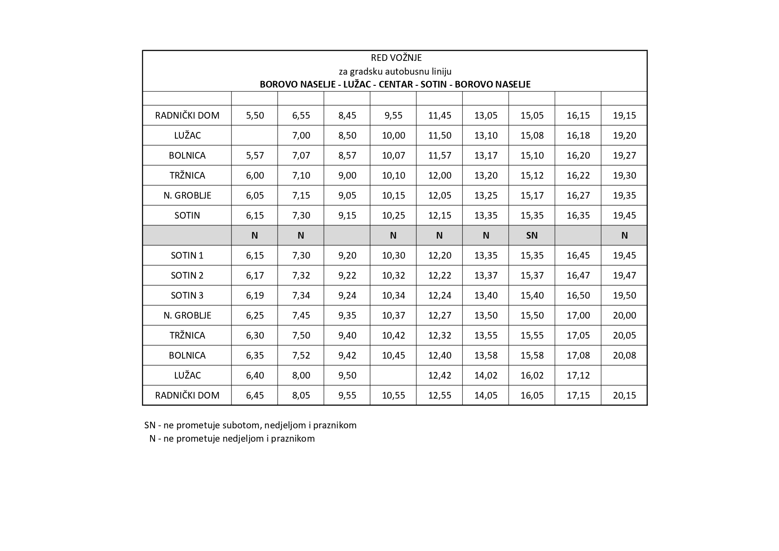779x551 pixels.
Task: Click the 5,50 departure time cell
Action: click(254, 116)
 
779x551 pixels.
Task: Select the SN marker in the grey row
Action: click(532, 236)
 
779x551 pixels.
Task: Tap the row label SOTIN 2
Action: click(187, 275)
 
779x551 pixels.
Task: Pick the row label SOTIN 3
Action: click(187, 295)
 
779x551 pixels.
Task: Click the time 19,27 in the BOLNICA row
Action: click(624, 156)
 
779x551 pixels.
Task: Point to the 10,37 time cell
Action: click(393, 315)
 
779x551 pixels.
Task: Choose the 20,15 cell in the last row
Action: click(624, 395)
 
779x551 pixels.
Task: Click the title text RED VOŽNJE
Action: click(396, 58)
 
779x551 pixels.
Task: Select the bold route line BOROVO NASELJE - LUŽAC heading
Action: click(395, 84)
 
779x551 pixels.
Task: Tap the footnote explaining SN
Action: click(250, 425)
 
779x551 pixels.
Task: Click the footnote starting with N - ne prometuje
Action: click(232, 439)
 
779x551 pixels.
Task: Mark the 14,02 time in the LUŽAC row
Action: click(485, 375)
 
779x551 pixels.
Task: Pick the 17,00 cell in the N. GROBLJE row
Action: click(578, 315)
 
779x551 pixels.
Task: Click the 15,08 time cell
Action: click(532, 136)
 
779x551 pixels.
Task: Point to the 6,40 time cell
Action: click(254, 375)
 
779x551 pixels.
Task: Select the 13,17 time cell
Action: click(485, 156)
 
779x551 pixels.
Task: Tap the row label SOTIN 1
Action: click(187, 256)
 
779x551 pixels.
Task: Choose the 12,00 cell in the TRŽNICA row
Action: click(439, 176)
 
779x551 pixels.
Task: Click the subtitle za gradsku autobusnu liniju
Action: click(395, 71)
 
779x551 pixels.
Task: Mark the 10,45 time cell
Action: click(393, 355)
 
